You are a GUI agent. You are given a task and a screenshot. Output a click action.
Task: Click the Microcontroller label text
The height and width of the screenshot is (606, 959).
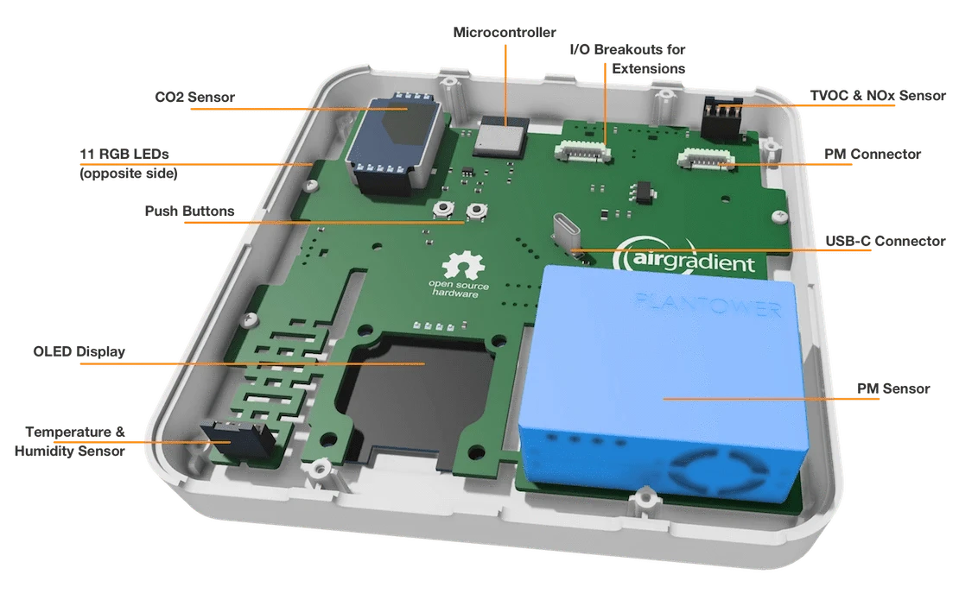point(505,33)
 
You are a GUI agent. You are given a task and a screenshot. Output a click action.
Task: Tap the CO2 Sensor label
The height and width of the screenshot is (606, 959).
point(194,98)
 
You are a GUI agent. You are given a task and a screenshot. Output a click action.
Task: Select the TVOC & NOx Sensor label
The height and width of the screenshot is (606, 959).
point(878,95)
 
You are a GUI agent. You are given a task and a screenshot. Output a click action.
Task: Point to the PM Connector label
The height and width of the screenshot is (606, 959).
point(872,154)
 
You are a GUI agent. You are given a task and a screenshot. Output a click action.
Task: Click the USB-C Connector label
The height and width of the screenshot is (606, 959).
point(885,241)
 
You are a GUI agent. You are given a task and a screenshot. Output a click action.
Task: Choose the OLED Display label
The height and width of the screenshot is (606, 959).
point(79,351)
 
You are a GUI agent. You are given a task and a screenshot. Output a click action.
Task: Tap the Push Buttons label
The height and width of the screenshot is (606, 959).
point(189,211)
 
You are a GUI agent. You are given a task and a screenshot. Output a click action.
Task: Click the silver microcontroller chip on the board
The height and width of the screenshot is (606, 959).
point(501,136)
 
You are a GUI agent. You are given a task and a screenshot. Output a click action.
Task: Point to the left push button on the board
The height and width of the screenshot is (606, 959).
point(443,210)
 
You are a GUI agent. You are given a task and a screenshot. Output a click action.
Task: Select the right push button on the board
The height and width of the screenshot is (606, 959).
point(476,211)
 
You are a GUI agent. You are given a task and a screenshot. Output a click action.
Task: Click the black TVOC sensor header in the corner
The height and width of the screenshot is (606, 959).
point(722,118)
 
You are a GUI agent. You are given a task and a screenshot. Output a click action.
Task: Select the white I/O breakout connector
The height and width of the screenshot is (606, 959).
point(583,152)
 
